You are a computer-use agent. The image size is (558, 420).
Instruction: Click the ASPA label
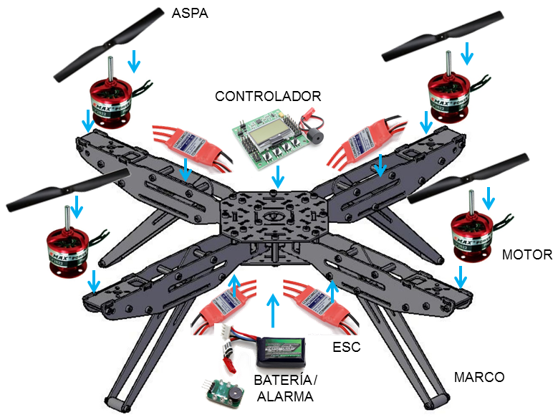190,13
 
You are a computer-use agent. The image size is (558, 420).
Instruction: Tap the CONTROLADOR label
269,96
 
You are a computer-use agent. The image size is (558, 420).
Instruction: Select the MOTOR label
527,254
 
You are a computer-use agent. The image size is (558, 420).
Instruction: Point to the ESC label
347,348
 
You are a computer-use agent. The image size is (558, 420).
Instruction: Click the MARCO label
480,377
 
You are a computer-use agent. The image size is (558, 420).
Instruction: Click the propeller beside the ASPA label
107,42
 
